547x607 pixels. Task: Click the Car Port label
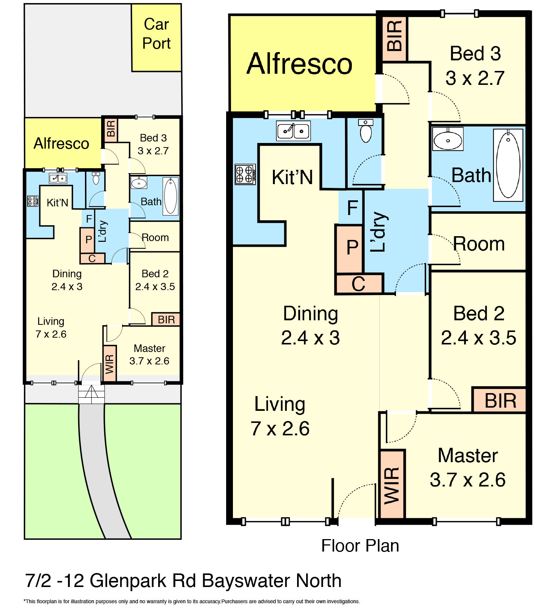(156, 34)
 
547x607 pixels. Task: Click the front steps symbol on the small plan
(91, 394)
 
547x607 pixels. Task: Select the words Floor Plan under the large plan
(360, 546)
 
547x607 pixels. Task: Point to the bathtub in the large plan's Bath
(508, 165)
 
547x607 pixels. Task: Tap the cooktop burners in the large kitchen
(245, 174)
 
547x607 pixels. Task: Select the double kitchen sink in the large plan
(293, 131)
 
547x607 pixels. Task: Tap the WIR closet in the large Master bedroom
(392, 485)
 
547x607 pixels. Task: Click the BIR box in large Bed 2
(499, 400)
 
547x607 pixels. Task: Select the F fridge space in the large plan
(352, 207)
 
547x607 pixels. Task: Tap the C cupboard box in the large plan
(358, 284)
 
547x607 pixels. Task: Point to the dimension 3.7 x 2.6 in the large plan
(467, 480)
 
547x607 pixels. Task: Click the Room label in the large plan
(479, 244)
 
